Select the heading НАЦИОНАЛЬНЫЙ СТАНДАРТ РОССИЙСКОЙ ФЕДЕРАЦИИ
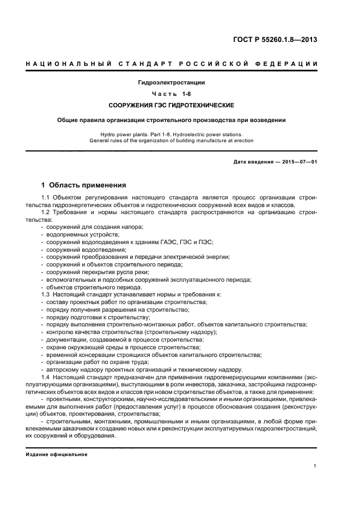172,64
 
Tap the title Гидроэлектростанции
172,83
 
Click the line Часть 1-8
172,94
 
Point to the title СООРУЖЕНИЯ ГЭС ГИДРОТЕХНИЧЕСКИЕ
172,105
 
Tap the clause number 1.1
46,197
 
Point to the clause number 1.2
46,212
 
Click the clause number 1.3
46,294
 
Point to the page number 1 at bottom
315,466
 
